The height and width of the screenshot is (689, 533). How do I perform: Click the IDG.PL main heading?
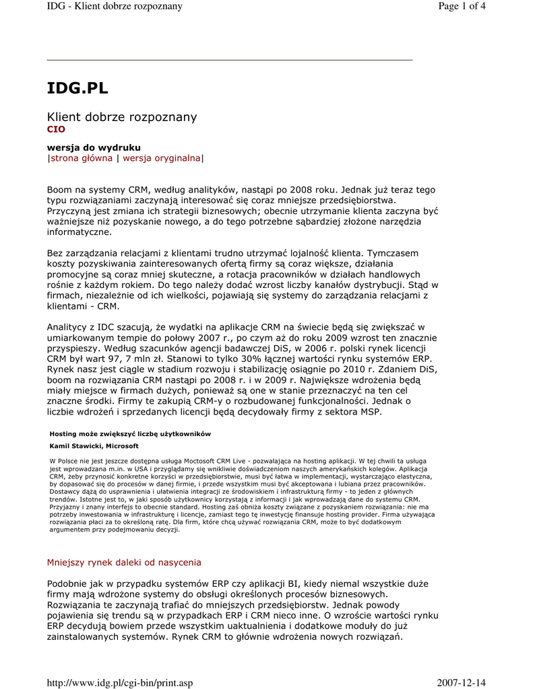pos(77,89)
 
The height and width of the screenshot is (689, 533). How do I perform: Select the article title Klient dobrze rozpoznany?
pos(121,117)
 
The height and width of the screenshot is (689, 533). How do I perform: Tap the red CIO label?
pos(56,129)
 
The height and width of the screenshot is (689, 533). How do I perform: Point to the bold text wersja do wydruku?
pos(94,147)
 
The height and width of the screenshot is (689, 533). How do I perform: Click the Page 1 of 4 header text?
pos(462,6)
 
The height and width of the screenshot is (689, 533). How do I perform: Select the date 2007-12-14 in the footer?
pos(462,683)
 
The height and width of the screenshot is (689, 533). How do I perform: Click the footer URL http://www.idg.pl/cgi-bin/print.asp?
pos(119,683)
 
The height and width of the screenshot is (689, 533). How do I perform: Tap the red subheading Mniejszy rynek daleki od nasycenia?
pos(123,563)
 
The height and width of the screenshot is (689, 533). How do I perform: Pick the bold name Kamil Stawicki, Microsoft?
pos(94,446)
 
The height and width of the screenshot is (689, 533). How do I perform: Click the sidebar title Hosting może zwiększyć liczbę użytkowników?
pos(131,434)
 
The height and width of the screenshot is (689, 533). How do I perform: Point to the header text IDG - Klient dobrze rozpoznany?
pos(115,6)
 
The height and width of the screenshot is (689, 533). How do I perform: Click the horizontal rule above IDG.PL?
pos(229,60)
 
